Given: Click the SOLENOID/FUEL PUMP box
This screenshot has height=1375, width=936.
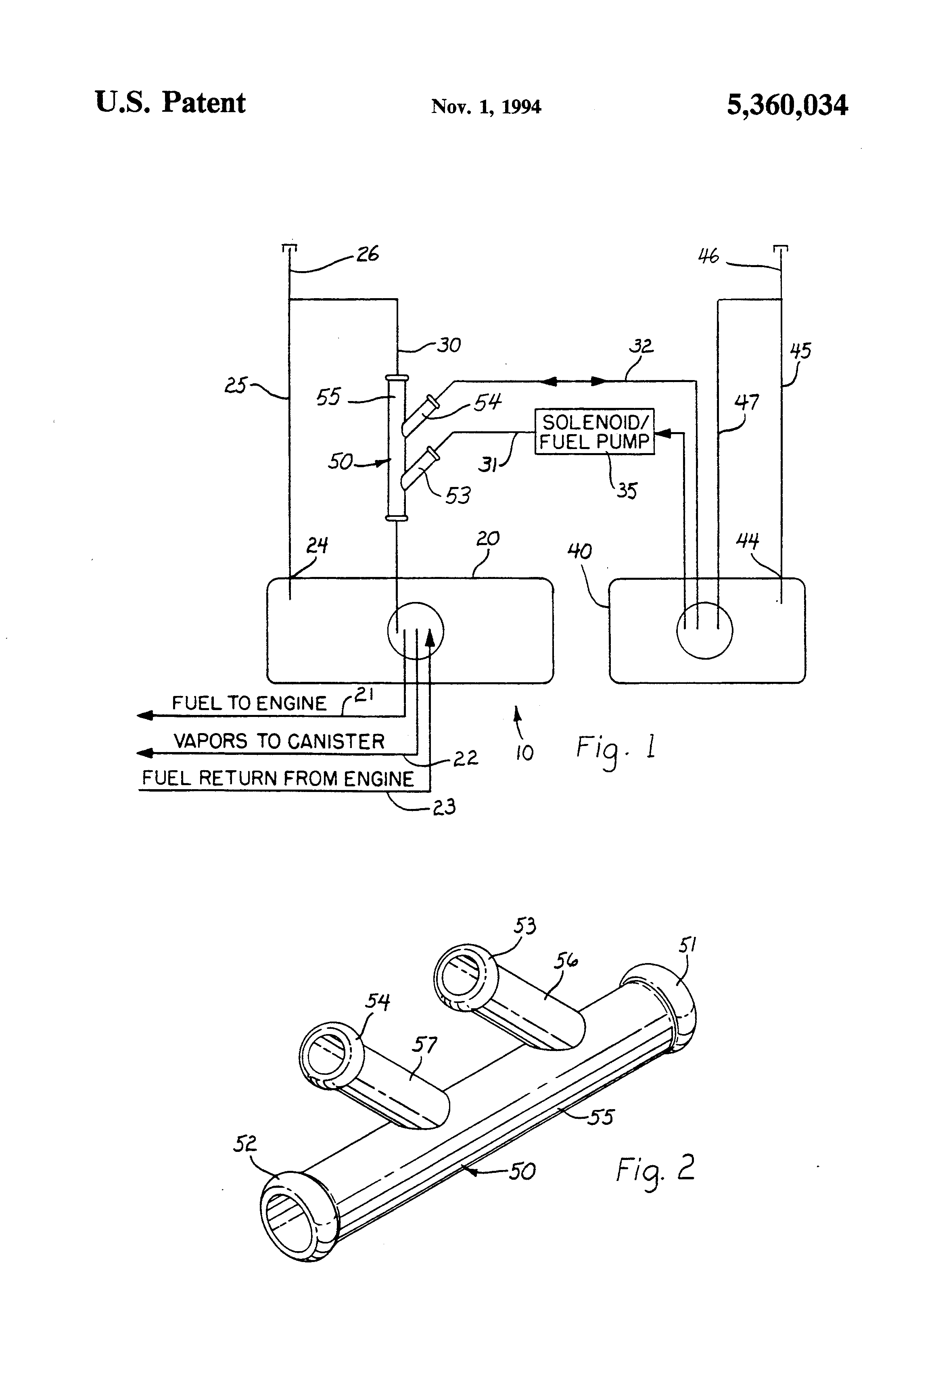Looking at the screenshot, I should pyautogui.click(x=595, y=432).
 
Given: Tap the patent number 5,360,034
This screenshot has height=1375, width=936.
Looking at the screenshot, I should pyautogui.click(x=787, y=105).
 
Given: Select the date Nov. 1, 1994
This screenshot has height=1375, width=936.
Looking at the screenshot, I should pyautogui.click(x=486, y=107).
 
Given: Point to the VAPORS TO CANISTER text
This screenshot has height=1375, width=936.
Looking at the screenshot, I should pyautogui.click(x=279, y=741).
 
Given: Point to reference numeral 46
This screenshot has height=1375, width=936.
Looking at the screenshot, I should pyautogui.click(x=708, y=256).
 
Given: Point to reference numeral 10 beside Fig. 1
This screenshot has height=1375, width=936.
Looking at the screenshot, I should pyautogui.click(x=524, y=752).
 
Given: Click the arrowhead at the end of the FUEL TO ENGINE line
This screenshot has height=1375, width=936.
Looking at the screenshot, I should pyautogui.click(x=144, y=715).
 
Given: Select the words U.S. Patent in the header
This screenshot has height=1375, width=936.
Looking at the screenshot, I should pyautogui.click(x=170, y=102).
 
